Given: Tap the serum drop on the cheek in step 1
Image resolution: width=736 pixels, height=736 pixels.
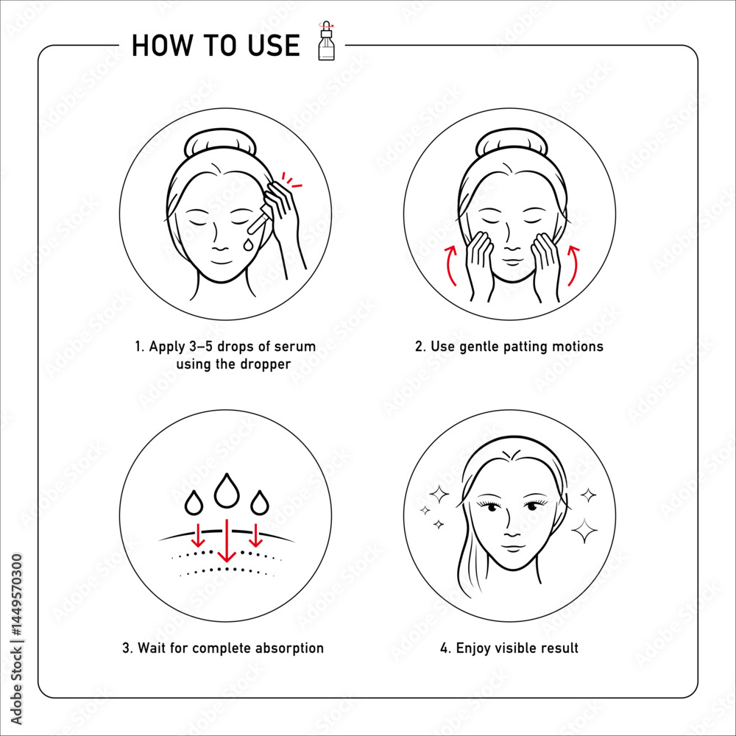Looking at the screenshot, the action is click(247, 244).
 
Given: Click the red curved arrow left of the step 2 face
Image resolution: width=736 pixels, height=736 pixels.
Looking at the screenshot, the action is click(450, 264).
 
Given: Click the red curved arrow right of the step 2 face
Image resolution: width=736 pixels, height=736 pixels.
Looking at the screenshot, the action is click(573, 264).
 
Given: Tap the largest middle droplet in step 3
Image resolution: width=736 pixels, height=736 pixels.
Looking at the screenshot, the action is click(227, 490).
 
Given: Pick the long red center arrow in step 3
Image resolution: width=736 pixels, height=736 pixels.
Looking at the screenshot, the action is click(227, 539).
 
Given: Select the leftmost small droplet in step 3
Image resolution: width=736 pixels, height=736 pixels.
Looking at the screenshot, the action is click(194, 502).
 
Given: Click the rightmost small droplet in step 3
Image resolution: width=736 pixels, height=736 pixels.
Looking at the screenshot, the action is click(260, 502).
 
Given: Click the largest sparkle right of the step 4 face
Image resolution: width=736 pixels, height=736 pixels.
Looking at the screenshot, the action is click(584, 531).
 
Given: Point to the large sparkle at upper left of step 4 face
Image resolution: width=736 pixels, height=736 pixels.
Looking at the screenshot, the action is click(439, 494).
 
